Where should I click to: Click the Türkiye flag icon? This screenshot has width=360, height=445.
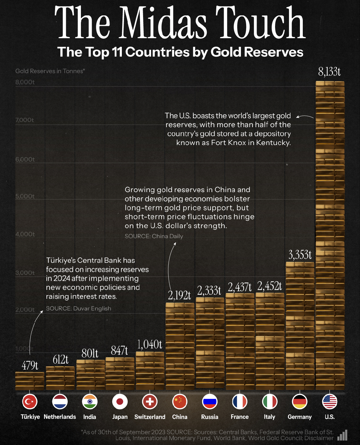click(x=30, y=402)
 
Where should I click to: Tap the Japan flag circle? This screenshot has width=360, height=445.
click(x=120, y=402)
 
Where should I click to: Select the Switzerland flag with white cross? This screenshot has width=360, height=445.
click(x=150, y=402)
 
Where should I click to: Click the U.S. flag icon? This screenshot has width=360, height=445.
click(x=330, y=402)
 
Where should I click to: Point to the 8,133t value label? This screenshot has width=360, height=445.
click(x=329, y=72)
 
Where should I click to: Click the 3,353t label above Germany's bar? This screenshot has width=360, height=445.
click(x=300, y=255)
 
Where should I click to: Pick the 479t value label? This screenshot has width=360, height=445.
click(x=30, y=366)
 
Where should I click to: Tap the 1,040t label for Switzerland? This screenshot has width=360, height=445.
click(x=150, y=345)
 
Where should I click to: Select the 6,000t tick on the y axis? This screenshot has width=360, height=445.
click(x=25, y=159)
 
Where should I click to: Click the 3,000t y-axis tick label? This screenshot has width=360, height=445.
click(x=25, y=273)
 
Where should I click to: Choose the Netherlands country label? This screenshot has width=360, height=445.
click(x=60, y=417)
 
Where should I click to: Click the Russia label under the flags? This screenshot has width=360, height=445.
click(x=210, y=417)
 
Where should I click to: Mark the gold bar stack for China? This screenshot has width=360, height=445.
click(x=180, y=346)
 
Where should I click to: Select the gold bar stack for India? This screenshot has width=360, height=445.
click(x=90, y=375)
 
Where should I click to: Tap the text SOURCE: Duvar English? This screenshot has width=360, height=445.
click(x=78, y=308)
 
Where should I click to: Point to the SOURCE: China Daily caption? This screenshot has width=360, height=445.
click(x=154, y=236)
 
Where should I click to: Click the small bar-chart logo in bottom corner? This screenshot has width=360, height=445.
click(x=342, y=435)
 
